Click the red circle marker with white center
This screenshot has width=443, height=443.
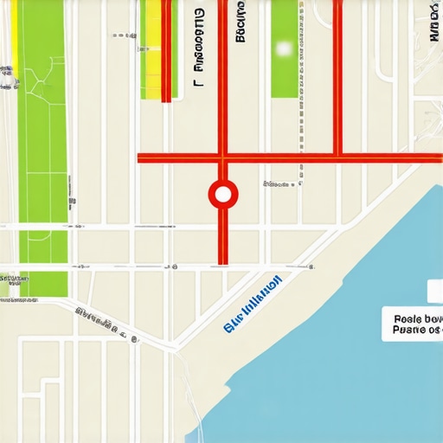click(x=222, y=195)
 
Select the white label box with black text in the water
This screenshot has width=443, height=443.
click(x=414, y=319)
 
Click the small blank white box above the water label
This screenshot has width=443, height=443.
click(x=435, y=292)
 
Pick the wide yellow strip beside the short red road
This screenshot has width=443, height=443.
click(x=152, y=49)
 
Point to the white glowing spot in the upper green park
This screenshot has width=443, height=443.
click(x=282, y=48)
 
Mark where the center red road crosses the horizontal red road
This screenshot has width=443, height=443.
click(x=222, y=158)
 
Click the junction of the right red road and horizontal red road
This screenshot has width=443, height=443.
click(x=337, y=158)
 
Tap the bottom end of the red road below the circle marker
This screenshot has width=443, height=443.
click(x=222, y=261)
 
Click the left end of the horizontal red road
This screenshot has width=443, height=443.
click(x=140, y=158)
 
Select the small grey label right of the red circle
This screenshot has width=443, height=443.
click(x=277, y=184)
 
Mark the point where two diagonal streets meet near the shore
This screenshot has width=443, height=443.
click(x=177, y=349)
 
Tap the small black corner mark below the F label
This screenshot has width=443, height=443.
click(x=197, y=84)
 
